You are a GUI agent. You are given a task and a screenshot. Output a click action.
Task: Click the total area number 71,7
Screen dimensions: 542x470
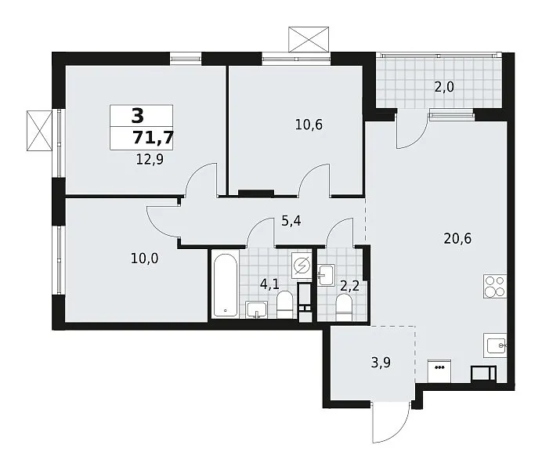(x=153, y=138)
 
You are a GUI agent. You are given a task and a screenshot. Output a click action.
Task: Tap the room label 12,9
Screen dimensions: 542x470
(x=150, y=160)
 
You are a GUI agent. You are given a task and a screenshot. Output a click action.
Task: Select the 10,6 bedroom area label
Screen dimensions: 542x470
(x=309, y=125)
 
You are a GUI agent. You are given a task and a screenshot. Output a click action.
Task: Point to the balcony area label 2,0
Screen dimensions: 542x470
(x=444, y=87)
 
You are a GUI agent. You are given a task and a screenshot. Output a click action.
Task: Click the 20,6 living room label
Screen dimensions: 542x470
(x=457, y=238)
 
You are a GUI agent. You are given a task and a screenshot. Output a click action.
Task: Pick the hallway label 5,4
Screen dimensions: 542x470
(x=291, y=220)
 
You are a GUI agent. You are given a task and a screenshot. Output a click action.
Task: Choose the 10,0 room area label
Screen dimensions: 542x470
(x=144, y=258)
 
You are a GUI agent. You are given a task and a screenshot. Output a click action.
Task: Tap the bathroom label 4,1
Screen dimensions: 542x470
(x=269, y=285)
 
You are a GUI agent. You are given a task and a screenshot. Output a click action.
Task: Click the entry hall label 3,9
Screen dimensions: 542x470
(x=381, y=363)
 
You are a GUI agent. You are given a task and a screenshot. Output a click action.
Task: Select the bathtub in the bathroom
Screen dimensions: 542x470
(x=225, y=285)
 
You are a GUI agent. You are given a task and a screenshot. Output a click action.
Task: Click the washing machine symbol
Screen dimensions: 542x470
(x=302, y=266)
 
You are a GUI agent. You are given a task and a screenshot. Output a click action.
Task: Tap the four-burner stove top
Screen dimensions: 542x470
(x=495, y=287)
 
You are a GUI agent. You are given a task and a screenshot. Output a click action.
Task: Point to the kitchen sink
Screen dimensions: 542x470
(x=495, y=345)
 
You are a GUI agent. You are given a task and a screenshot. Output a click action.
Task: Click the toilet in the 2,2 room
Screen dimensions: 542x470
(x=344, y=307)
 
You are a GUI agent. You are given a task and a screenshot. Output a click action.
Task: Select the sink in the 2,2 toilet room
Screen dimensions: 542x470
(x=327, y=275)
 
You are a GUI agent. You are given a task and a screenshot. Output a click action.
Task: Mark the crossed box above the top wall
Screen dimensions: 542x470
(x=309, y=39)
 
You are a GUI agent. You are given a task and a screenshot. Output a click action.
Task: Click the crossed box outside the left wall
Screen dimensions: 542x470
(x=39, y=131)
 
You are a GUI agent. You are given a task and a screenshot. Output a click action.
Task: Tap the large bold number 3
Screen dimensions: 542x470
(x=138, y=115)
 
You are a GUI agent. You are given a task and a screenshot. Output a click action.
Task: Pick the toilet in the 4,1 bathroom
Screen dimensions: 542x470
(x=285, y=305)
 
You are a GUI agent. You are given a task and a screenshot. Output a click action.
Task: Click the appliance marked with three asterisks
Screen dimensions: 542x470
(x=439, y=371)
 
